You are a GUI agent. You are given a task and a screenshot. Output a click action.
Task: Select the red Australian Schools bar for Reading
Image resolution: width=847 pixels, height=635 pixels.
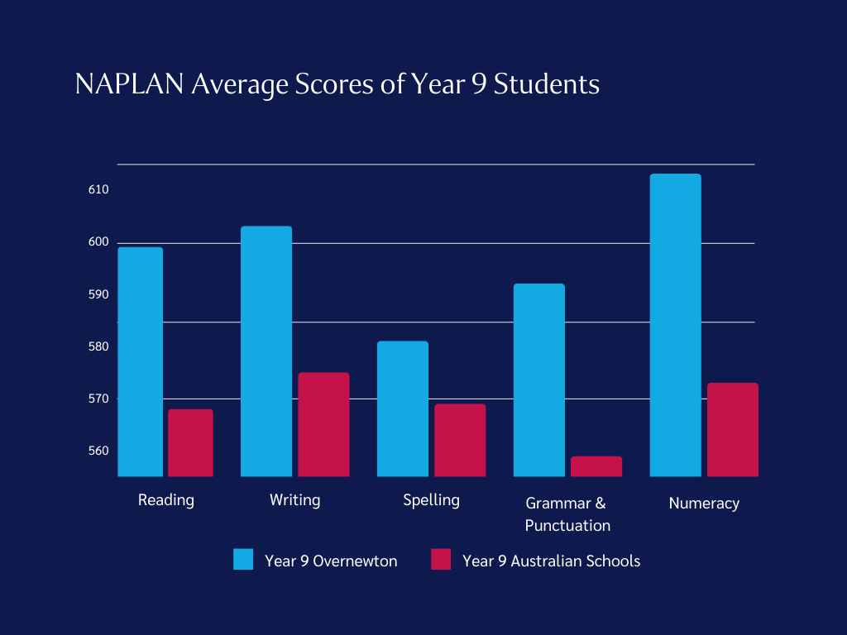pos(190,443)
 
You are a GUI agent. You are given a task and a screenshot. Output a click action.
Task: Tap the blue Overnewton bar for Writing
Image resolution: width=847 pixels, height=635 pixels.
pos(266,351)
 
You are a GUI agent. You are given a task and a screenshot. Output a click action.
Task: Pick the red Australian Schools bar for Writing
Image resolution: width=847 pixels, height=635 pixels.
pos(323,425)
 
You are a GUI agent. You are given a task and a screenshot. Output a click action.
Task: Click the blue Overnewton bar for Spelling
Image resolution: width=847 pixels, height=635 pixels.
pos(402,408)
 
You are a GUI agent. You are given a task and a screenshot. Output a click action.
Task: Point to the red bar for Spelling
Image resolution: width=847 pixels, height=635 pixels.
pos(460,440)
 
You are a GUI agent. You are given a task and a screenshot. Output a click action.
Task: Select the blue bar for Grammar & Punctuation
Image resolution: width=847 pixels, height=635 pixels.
pos(538,380)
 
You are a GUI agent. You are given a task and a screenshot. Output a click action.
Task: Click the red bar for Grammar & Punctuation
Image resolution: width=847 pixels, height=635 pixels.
pos(596,466)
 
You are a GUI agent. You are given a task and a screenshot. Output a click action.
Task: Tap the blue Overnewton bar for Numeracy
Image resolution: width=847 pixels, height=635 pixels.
pos(675,325)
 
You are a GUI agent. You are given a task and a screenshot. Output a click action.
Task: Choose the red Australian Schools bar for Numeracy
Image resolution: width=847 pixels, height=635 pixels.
pos(733,430)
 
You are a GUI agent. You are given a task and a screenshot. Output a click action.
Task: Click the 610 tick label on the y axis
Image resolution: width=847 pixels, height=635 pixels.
pos(98,190)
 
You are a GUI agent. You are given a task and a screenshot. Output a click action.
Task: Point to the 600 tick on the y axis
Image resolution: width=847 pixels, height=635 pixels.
pos(98,242)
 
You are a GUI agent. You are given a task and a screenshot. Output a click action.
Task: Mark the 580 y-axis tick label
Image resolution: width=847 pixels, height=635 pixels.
pos(98,346)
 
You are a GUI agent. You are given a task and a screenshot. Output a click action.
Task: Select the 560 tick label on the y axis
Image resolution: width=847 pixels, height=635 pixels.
pos(98,451)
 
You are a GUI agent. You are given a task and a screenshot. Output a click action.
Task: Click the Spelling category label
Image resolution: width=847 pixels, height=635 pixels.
pos(431,500)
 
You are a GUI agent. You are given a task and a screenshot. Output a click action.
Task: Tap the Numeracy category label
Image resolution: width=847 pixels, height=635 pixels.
pos(704,503)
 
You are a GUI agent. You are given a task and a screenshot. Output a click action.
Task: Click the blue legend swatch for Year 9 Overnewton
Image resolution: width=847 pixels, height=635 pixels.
pos(243,560)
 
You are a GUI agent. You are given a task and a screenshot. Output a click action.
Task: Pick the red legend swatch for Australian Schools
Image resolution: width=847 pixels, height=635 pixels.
pos(441,560)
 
